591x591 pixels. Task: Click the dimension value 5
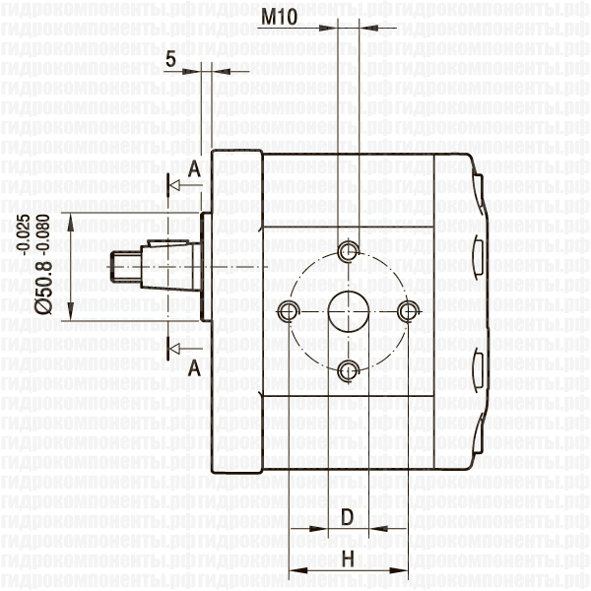tap(171, 60)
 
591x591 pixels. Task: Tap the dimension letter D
tap(347, 517)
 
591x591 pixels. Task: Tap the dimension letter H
tap(347, 559)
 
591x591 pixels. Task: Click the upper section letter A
tap(194, 169)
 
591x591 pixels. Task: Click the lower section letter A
tap(194, 367)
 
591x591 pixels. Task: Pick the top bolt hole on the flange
tap(348, 251)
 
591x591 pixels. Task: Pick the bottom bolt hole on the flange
tap(348, 370)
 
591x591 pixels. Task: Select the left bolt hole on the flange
tap(288, 311)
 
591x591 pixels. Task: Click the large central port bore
tap(348, 311)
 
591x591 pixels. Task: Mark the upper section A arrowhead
tap(174, 184)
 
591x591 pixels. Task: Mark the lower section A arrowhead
tap(174, 347)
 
